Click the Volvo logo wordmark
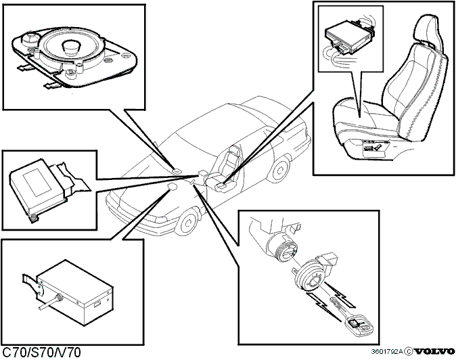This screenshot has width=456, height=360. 434,352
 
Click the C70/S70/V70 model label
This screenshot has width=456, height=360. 41,353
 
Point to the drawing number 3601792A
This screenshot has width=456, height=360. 387,352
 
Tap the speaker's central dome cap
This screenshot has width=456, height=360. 72,46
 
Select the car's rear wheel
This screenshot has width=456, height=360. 279,169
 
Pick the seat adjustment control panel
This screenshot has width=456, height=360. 374,148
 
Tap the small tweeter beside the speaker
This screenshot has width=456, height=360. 30,39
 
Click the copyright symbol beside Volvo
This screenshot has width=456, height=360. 409,352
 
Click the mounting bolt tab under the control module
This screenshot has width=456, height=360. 34,217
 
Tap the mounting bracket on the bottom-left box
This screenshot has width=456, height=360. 35,284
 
